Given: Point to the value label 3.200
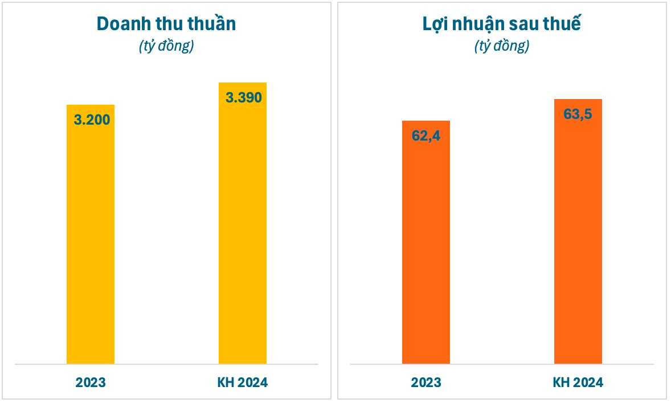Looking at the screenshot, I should click(92, 120).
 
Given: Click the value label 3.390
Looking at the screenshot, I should click(243, 97).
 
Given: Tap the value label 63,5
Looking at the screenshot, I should click(578, 114).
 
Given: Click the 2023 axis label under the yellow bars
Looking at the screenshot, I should click(91, 383).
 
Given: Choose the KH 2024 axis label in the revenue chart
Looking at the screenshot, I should click(243, 383).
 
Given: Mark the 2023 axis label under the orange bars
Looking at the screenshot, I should click(426, 383).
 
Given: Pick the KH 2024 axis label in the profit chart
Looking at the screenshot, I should click(578, 383).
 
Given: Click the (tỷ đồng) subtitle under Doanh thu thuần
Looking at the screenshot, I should click(166, 46).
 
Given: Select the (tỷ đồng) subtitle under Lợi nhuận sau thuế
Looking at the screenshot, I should click(502, 46).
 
